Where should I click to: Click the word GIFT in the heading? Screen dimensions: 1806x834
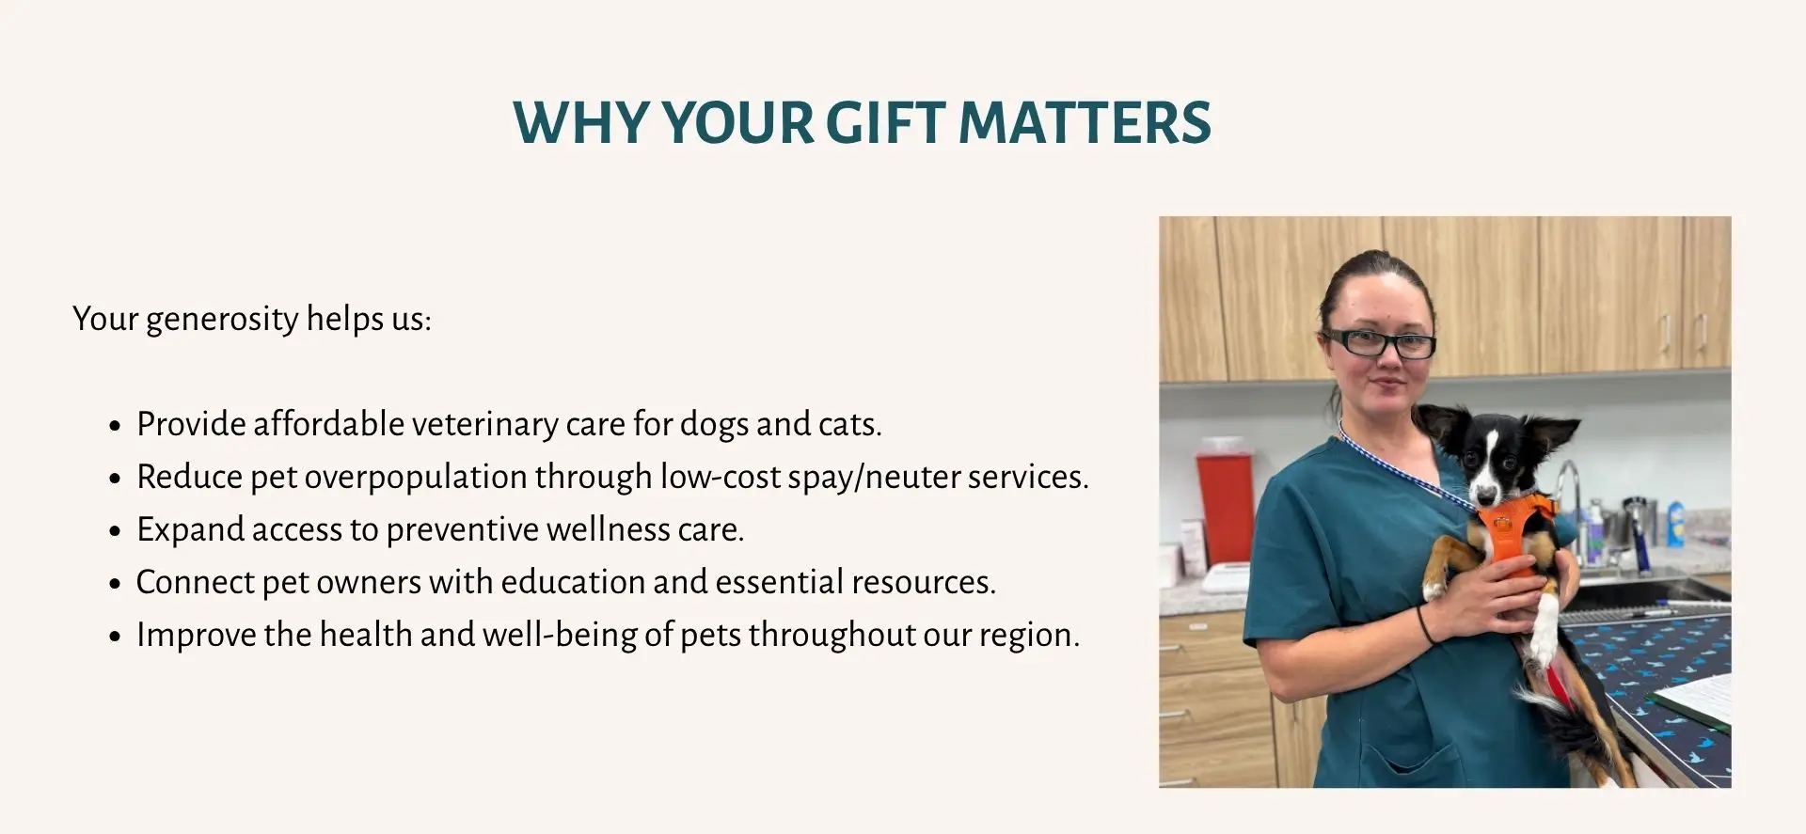click(884, 122)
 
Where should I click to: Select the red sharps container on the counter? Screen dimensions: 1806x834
click(1226, 508)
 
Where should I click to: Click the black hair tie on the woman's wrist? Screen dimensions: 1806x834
click(1424, 625)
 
